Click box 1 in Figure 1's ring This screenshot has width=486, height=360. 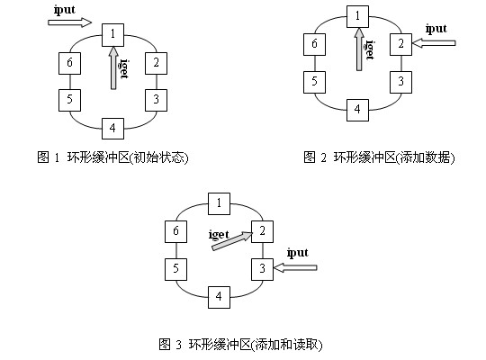(113, 35)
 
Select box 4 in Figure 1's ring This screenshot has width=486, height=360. (113, 129)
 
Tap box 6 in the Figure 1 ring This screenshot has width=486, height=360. (69, 64)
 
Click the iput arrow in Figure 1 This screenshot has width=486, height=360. (69, 22)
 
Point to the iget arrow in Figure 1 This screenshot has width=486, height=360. (113, 67)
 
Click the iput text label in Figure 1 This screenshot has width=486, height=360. (65, 10)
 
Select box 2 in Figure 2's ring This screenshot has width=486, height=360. (400, 45)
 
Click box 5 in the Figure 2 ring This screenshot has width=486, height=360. (314, 82)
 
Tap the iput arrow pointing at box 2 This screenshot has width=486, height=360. (434, 43)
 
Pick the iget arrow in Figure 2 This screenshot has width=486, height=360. (359, 49)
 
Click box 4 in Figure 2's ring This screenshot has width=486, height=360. (357, 110)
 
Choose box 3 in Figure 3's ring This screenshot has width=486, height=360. (262, 269)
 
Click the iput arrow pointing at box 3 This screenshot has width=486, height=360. (295, 267)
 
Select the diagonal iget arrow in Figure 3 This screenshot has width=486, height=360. (232, 241)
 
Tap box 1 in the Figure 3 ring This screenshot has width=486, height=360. (219, 203)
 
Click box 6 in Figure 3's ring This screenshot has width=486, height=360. (175, 231)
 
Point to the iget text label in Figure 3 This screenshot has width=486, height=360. (219, 234)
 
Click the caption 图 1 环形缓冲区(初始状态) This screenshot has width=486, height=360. (112, 157)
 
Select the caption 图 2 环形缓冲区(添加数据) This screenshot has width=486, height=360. (379, 157)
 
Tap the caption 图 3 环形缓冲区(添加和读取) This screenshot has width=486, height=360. (240, 344)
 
